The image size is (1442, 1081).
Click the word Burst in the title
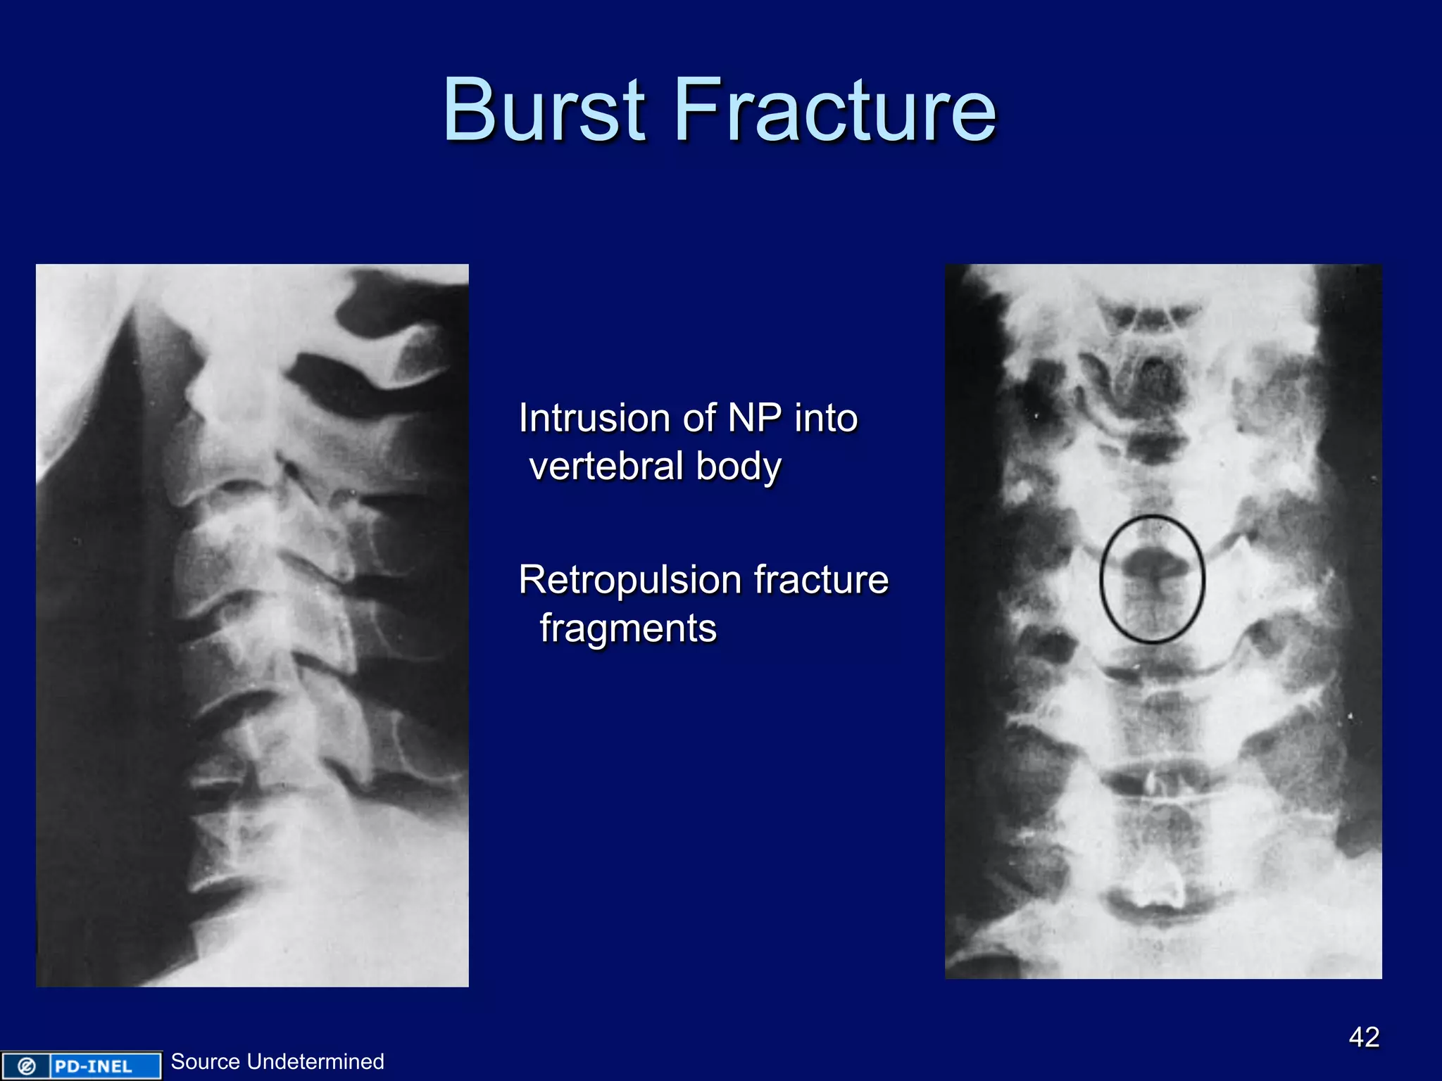(544, 110)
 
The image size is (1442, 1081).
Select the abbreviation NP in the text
(754, 418)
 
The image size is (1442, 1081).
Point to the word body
(739, 467)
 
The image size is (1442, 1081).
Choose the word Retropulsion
(630, 580)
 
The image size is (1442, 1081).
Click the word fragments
(628, 628)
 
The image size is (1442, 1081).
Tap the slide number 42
(1364, 1037)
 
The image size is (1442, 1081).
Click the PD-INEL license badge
(81, 1066)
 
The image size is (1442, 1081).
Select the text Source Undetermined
(277, 1061)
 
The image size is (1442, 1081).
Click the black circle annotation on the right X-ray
(1102, 579)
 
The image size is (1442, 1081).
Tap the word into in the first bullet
(826, 418)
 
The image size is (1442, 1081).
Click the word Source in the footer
(206, 1061)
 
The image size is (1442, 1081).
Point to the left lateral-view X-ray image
(252, 625)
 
